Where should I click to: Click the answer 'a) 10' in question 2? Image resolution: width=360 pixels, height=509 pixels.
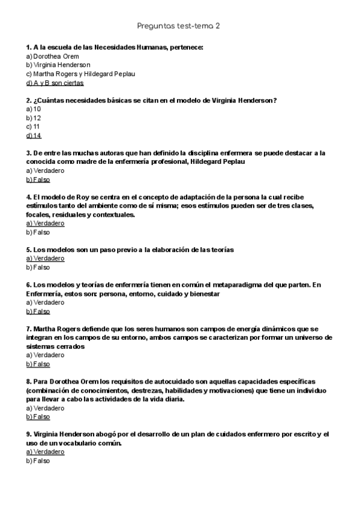[x=34, y=109]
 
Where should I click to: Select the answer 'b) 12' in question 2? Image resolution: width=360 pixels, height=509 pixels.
[x=34, y=118]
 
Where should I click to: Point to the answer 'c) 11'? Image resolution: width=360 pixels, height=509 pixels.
[x=34, y=127]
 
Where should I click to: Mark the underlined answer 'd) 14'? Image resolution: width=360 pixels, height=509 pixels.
[x=34, y=136]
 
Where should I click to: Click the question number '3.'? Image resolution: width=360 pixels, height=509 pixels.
[x=29, y=153]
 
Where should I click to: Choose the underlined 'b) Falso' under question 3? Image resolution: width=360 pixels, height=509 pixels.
[x=38, y=179]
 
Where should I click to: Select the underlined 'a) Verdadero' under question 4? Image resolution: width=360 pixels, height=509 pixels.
[x=45, y=223]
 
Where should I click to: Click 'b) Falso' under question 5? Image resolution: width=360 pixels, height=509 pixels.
[x=38, y=267]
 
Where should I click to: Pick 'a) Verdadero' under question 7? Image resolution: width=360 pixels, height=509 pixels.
[x=45, y=355]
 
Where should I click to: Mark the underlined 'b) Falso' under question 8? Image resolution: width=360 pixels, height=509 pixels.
[x=38, y=417]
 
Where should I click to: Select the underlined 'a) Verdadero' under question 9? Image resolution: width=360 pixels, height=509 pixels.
[x=45, y=452]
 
